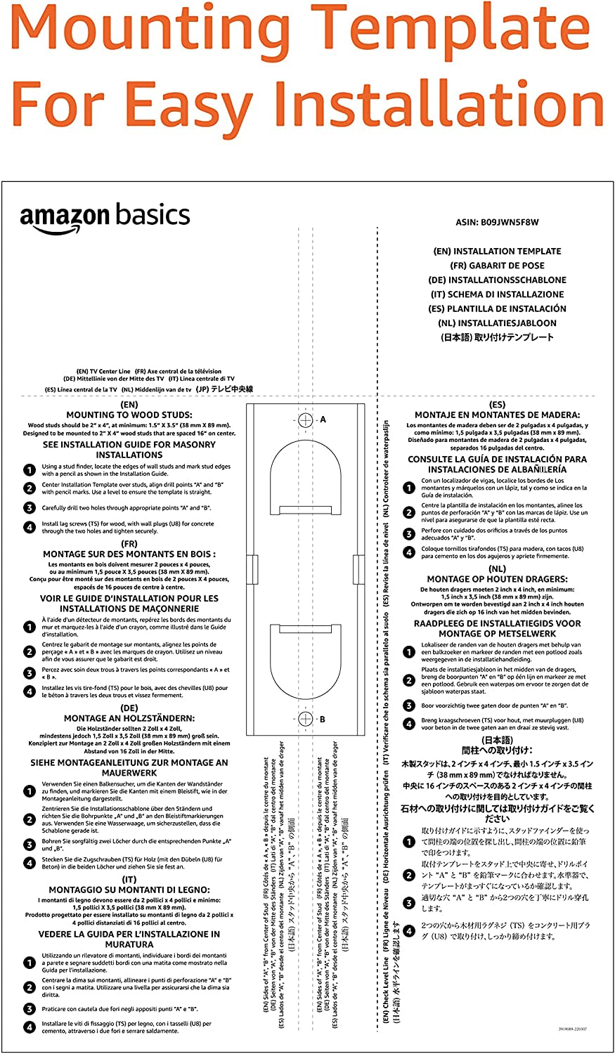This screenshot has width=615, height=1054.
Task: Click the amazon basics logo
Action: [105, 218]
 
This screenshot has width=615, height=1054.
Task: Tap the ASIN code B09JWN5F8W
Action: [497, 223]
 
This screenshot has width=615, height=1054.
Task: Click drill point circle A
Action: [305, 419]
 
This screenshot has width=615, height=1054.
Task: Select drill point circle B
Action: [305, 719]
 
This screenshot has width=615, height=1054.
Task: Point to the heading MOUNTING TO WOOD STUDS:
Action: [129, 415]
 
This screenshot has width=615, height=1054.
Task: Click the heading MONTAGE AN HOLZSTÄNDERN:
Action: [129, 718]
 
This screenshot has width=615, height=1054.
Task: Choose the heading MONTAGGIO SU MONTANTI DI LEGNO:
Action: [129, 890]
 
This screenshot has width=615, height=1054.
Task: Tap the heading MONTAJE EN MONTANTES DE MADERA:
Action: [497, 415]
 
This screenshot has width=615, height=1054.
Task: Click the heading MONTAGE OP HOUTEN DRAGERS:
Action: [497, 580]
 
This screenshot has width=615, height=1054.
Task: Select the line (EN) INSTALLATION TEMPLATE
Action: [497, 251]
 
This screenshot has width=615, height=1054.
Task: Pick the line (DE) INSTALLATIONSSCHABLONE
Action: [497, 280]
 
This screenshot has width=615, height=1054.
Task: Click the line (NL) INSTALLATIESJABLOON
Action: [497, 323]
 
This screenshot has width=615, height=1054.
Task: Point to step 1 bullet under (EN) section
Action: [30, 470]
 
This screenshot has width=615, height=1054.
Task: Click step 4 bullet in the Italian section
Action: [30, 1027]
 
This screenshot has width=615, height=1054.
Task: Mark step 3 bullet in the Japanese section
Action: [409, 903]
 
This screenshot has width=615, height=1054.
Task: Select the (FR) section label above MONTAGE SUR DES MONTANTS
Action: [129, 544]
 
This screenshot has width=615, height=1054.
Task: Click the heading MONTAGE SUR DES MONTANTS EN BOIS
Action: [129, 554]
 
